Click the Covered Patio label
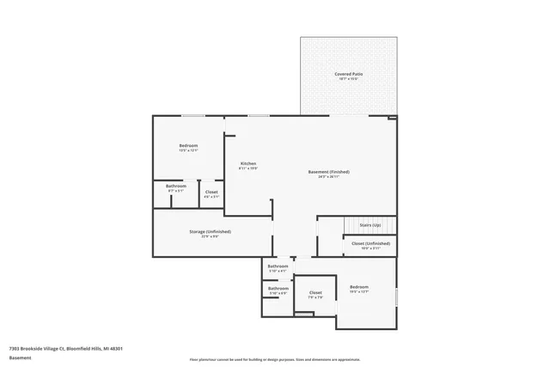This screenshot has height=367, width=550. coord(348,74)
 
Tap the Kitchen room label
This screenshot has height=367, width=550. coord(247,163)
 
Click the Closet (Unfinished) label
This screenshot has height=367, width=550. coord(371,243)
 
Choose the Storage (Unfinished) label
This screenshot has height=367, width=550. coord(210,231)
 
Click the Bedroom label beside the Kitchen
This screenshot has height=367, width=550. coord(188,145)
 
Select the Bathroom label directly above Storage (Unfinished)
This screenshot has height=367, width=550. coord(176,187)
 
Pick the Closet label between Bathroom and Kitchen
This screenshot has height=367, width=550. coord(211,192)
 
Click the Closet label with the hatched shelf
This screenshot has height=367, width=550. coord(315,292)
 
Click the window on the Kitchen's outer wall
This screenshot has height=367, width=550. coord(259,115)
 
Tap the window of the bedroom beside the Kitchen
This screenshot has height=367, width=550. coord(192,115)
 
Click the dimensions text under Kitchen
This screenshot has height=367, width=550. coord(247,168)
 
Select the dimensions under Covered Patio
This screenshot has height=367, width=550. coord(348,79)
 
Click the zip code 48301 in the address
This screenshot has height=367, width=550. coord(114,348)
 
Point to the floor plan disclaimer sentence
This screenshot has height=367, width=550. coord(274,359)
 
